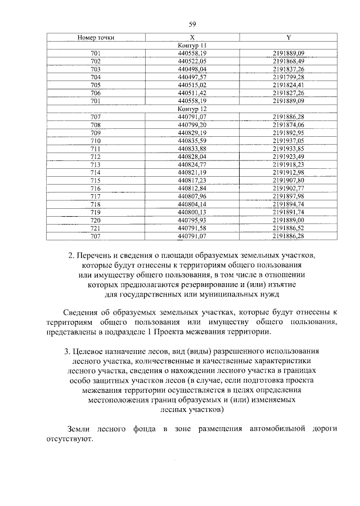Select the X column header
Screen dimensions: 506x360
coord(192,37)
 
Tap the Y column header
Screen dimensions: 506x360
coord(288,37)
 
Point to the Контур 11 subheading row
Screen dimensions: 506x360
coord(192,44)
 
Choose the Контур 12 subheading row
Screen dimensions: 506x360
coord(192,108)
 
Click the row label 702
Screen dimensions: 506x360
coord(96,61)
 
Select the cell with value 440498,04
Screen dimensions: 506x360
coord(192,69)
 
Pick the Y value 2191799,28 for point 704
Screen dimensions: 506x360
coord(288,77)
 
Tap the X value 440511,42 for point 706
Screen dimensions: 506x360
coord(192,92)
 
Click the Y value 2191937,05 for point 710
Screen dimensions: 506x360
coord(288,140)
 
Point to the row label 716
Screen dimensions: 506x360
coord(96,188)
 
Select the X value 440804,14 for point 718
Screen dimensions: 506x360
coord(192,204)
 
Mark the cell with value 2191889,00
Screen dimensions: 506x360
coord(288,220)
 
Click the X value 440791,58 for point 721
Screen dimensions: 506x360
coord(192,227)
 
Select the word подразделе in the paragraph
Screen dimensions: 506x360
coord(133,332)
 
